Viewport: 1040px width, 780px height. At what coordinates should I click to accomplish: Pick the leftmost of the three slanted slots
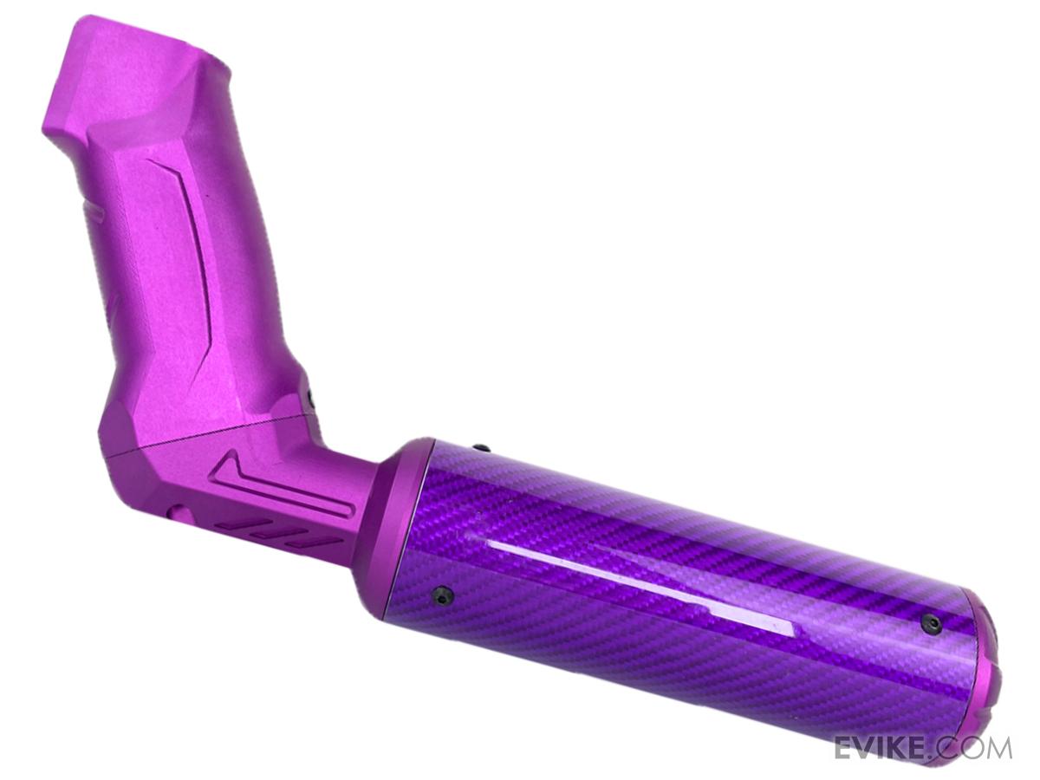[231, 524]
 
